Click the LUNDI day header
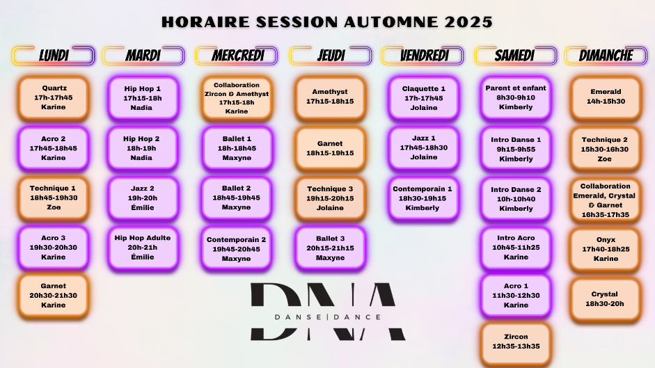(x=54, y=56)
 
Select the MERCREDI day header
(x=237, y=56)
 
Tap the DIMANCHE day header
(x=606, y=56)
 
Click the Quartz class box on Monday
(x=54, y=98)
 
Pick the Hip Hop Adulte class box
(x=143, y=248)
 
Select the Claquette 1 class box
(x=423, y=98)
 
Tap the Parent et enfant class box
(x=516, y=98)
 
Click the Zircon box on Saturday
(x=516, y=342)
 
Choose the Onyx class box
(x=606, y=249)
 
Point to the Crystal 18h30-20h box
(x=606, y=300)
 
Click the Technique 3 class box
(x=330, y=198)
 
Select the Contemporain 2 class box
(x=237, y=249)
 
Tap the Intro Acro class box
(x=516, y=248)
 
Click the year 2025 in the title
(x=468, y=22)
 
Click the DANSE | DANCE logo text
(x=328, y=317)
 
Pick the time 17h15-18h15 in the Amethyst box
(x=330, y=102)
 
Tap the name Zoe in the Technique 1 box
(x=54, y=207)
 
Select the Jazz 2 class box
(x=143, y=198)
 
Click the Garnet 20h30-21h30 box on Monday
(x=54, y=296)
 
